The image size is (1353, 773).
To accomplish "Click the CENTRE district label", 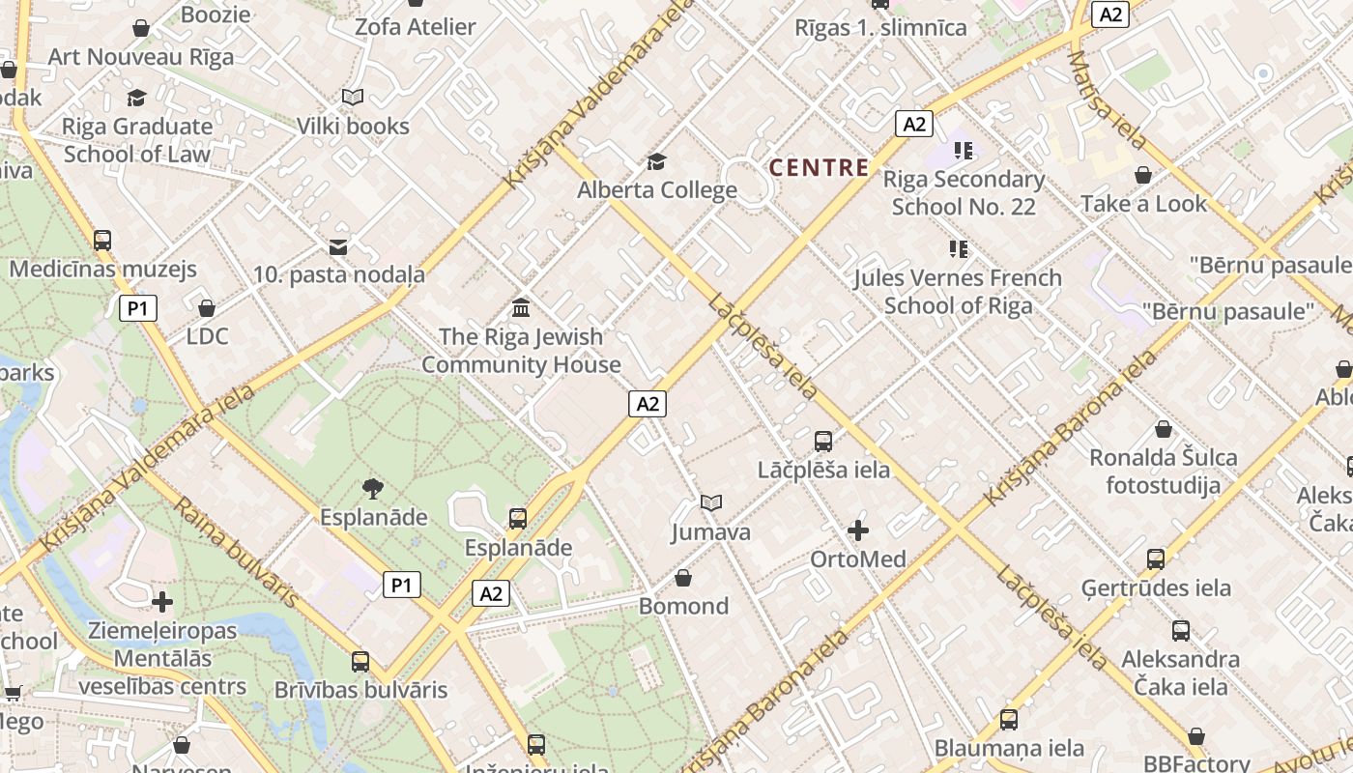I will (819, 168).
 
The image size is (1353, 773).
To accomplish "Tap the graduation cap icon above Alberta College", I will (657, 161).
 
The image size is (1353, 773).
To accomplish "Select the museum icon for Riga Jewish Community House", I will (521, 308).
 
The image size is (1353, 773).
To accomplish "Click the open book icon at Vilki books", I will (353, 98).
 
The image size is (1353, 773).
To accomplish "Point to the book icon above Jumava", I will (711, 503).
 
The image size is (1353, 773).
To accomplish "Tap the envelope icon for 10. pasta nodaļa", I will (338, 247).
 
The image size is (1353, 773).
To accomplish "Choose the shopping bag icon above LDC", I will (206, 308).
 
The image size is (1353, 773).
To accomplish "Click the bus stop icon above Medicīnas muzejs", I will (102, 241).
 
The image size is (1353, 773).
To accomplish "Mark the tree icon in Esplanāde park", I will (372, 489).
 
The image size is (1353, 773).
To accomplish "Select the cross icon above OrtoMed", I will (858, 530).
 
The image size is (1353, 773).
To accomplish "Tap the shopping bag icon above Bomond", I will (683, 578).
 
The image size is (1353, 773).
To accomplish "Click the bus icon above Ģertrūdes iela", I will (1156, 558).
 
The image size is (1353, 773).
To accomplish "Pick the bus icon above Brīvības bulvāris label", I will (360, 662).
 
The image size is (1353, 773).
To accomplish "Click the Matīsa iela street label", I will (1108, 100).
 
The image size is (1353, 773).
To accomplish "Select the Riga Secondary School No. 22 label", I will (964, 192).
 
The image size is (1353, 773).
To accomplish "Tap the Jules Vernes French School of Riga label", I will (958, 292).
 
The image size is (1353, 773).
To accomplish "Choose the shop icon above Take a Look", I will (1143, 175).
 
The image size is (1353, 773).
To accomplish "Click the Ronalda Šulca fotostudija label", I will (1164, 471).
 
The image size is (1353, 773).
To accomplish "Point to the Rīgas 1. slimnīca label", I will (880, 27).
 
